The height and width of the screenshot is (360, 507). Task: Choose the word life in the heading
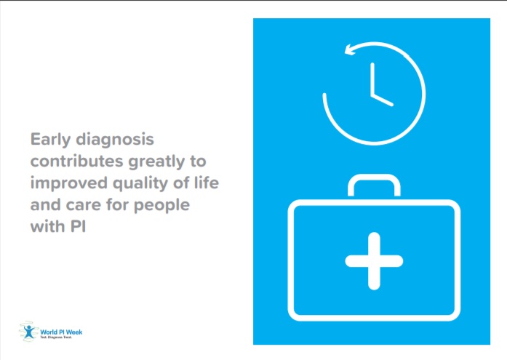pos(204,183)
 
